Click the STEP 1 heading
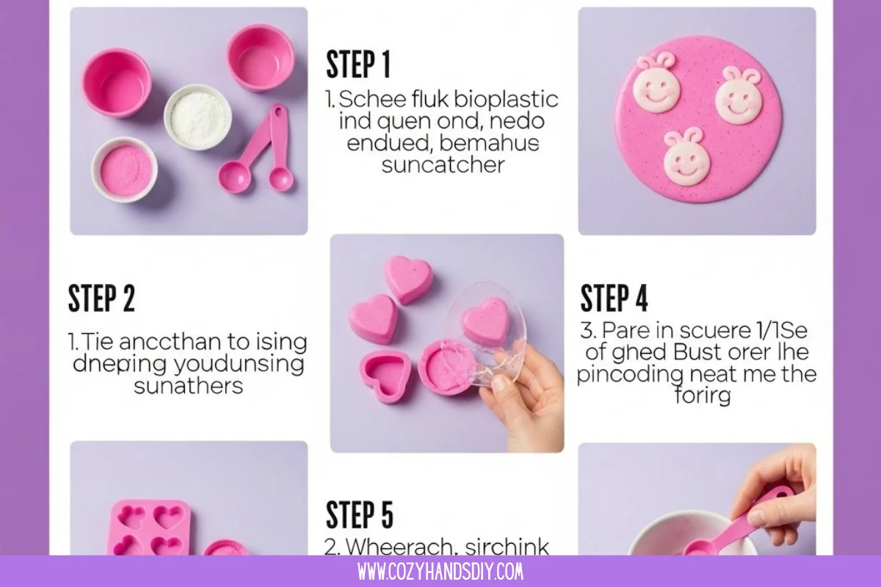pyautogui.click(x=358, y=65)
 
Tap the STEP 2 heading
pyautogui.click(x=101, y=299)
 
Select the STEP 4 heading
pyautogui.click(x=614, y=299)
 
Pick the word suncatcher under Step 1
pyautogui.click(x=443, y=164)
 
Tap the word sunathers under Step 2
pyautogui.click(x=188, y=385)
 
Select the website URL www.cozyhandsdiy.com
pyautogui.click(x=440, y=572)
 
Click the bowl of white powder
pyautogui.click(x=197, y=117)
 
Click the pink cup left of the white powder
pyautogui.click(x=115, y=82)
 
